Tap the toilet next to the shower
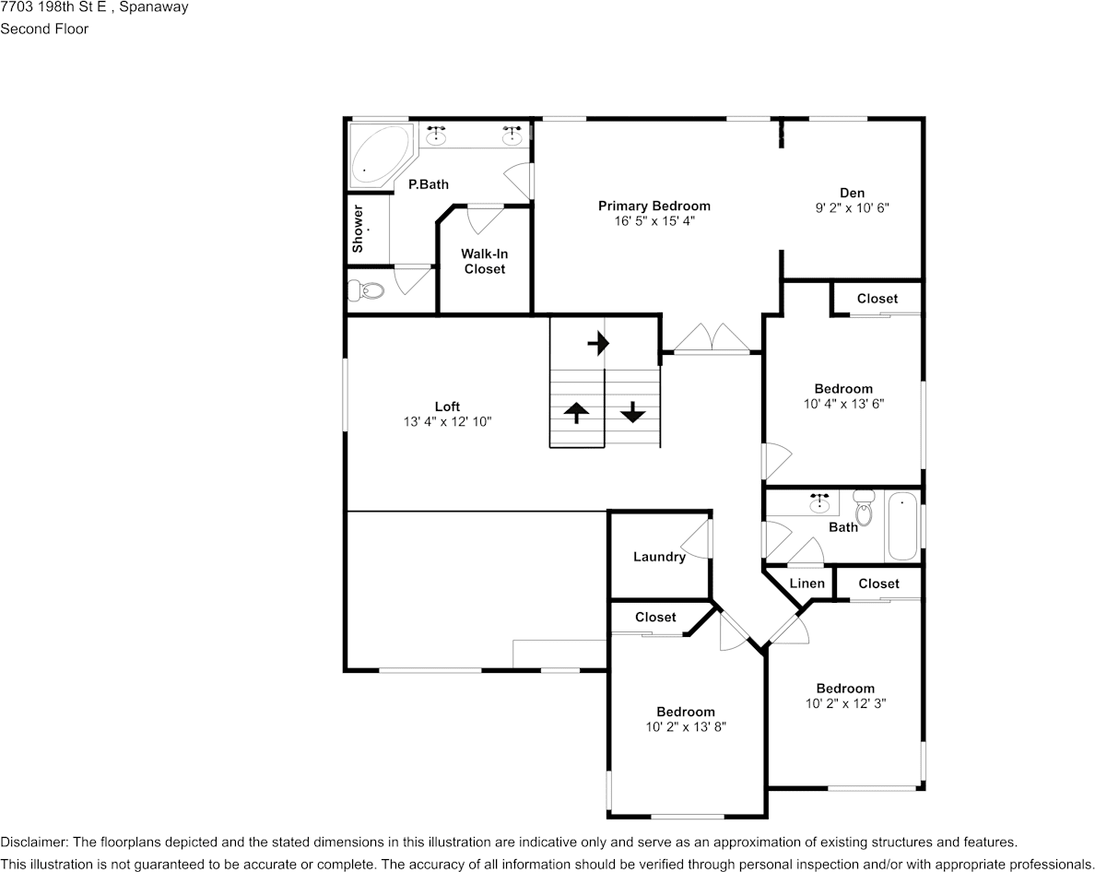(x=366, y=289)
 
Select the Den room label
(x=852, y=193)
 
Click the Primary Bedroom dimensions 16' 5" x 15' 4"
(x=654, y=221)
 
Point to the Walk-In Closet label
(x=484, y=261)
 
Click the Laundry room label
(x=659, y=557)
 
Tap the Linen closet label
(x=807, y=583)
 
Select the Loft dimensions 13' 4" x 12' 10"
(x=448, y=421)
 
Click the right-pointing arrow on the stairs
(x=598, y=343)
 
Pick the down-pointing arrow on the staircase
(x=632, y=412)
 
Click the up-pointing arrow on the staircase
(x=576, y=413)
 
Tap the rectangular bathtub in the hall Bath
(x=902, y=525)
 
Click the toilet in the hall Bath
(x=864, y=508)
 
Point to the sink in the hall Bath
(x=819, y=502)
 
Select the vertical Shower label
(x=358, y=229)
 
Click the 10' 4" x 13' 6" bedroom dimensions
(x=843, y=404)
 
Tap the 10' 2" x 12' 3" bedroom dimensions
(x=845, y=703)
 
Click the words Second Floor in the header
(x=44, y=29)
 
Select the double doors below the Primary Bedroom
(x=712, y=338)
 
